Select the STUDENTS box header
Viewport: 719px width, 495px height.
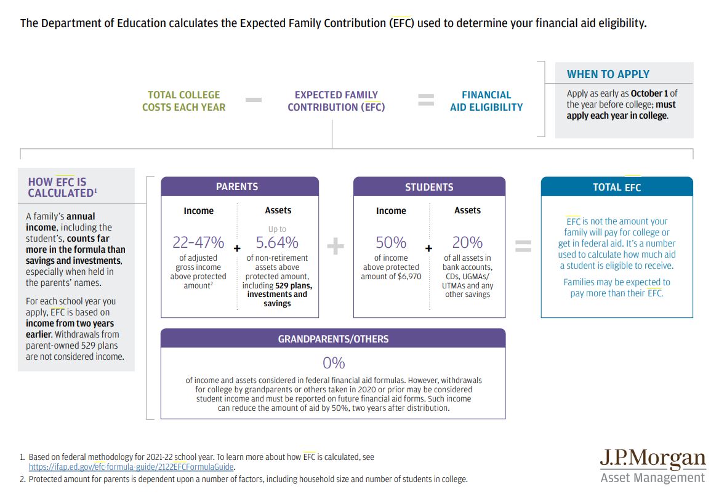pyautogui.click(x=429, y=187)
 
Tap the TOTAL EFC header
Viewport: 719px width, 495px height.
pyautogui.click(x=617, y=187)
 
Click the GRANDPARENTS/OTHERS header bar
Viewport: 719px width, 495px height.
pyautogui.click(x=333, y=339)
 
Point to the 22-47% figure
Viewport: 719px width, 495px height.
pyautogui.click(x=198, y=242)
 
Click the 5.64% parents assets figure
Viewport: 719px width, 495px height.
pyautogui.click(x=277, y=242)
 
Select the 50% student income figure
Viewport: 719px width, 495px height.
pyautogui.click(x=391, y=242)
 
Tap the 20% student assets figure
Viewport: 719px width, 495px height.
pyautogui.click(x=467, y=242)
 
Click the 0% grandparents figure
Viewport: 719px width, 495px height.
pyautogui.click(x=334, y=363)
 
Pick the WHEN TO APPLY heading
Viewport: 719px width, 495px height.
pyautogui.click(x=608, y=74)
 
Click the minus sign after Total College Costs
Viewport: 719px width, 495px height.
pyautogui.click(x=253, y=100)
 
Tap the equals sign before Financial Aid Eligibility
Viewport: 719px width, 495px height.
pyautogui.click(x=426, y=100)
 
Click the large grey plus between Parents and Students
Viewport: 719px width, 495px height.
pyautogui.click(x=335, y=247)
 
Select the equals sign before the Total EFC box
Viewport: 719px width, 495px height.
pyautogui.click(x=523, y=247)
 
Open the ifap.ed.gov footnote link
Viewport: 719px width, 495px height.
pyautogui.click(x=131, y=467)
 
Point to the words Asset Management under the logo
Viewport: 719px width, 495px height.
pyautogui.click(x=653, y=478)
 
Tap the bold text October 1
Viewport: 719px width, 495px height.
pyautogui.click(x=649, y=93)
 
